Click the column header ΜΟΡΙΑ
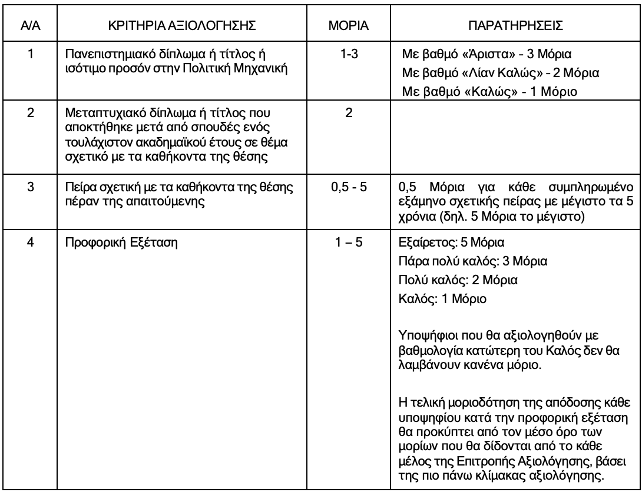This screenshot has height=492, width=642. tap(349, 28)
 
